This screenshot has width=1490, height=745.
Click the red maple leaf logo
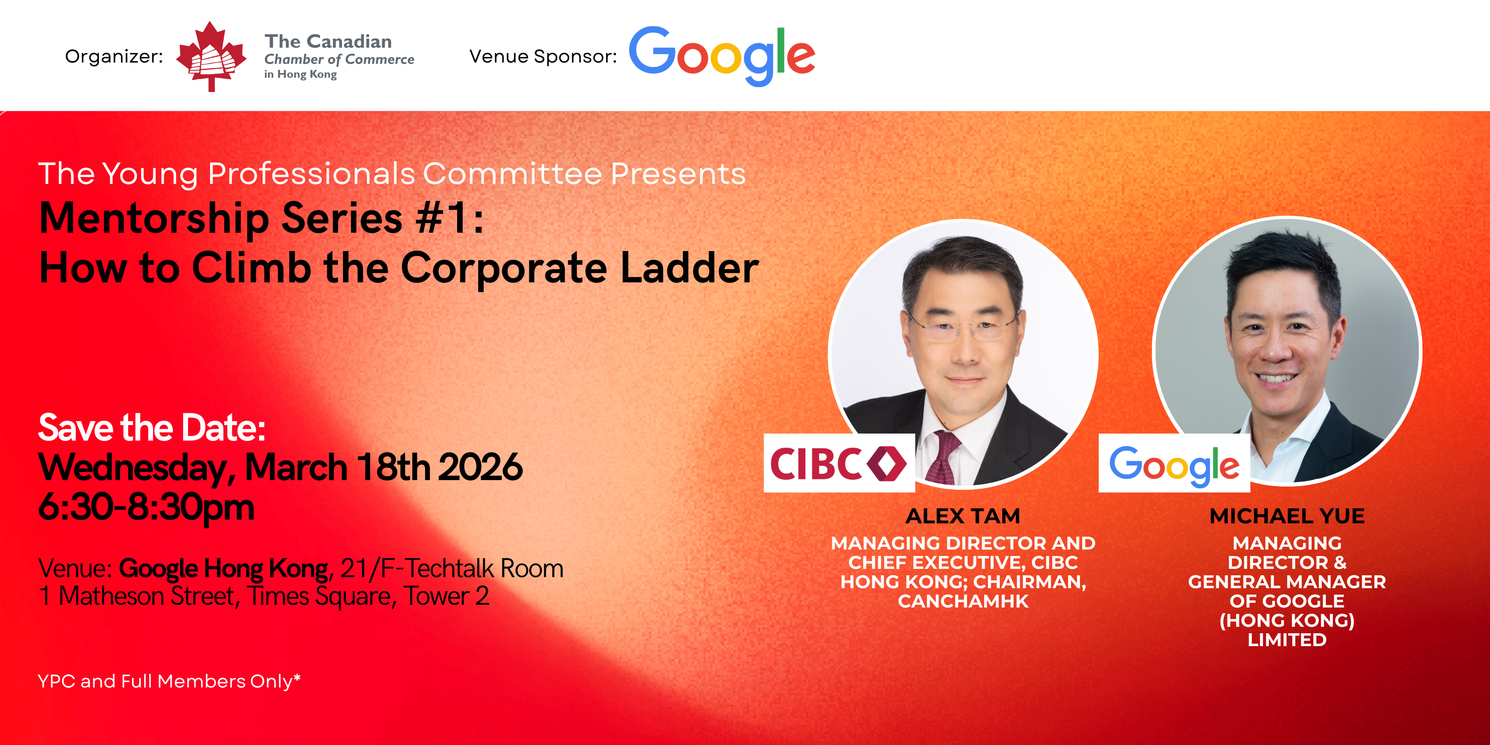click(212, 56)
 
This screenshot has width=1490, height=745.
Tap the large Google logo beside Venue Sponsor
click(722, 56)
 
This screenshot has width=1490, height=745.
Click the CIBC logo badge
click(839, 463)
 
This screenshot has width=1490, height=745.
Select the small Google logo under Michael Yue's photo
click(1174, 463)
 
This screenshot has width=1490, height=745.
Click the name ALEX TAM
click(963, 516)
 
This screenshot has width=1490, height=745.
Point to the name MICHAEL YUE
click(1287, 516)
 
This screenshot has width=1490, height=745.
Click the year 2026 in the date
click(480, 467)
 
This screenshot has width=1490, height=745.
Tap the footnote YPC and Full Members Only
click(169, 682)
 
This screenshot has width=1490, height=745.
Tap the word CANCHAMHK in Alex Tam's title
click(963, 601)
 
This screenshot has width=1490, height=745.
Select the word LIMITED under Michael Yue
click(1287, 640)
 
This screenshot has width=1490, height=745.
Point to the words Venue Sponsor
click(543, 57)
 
